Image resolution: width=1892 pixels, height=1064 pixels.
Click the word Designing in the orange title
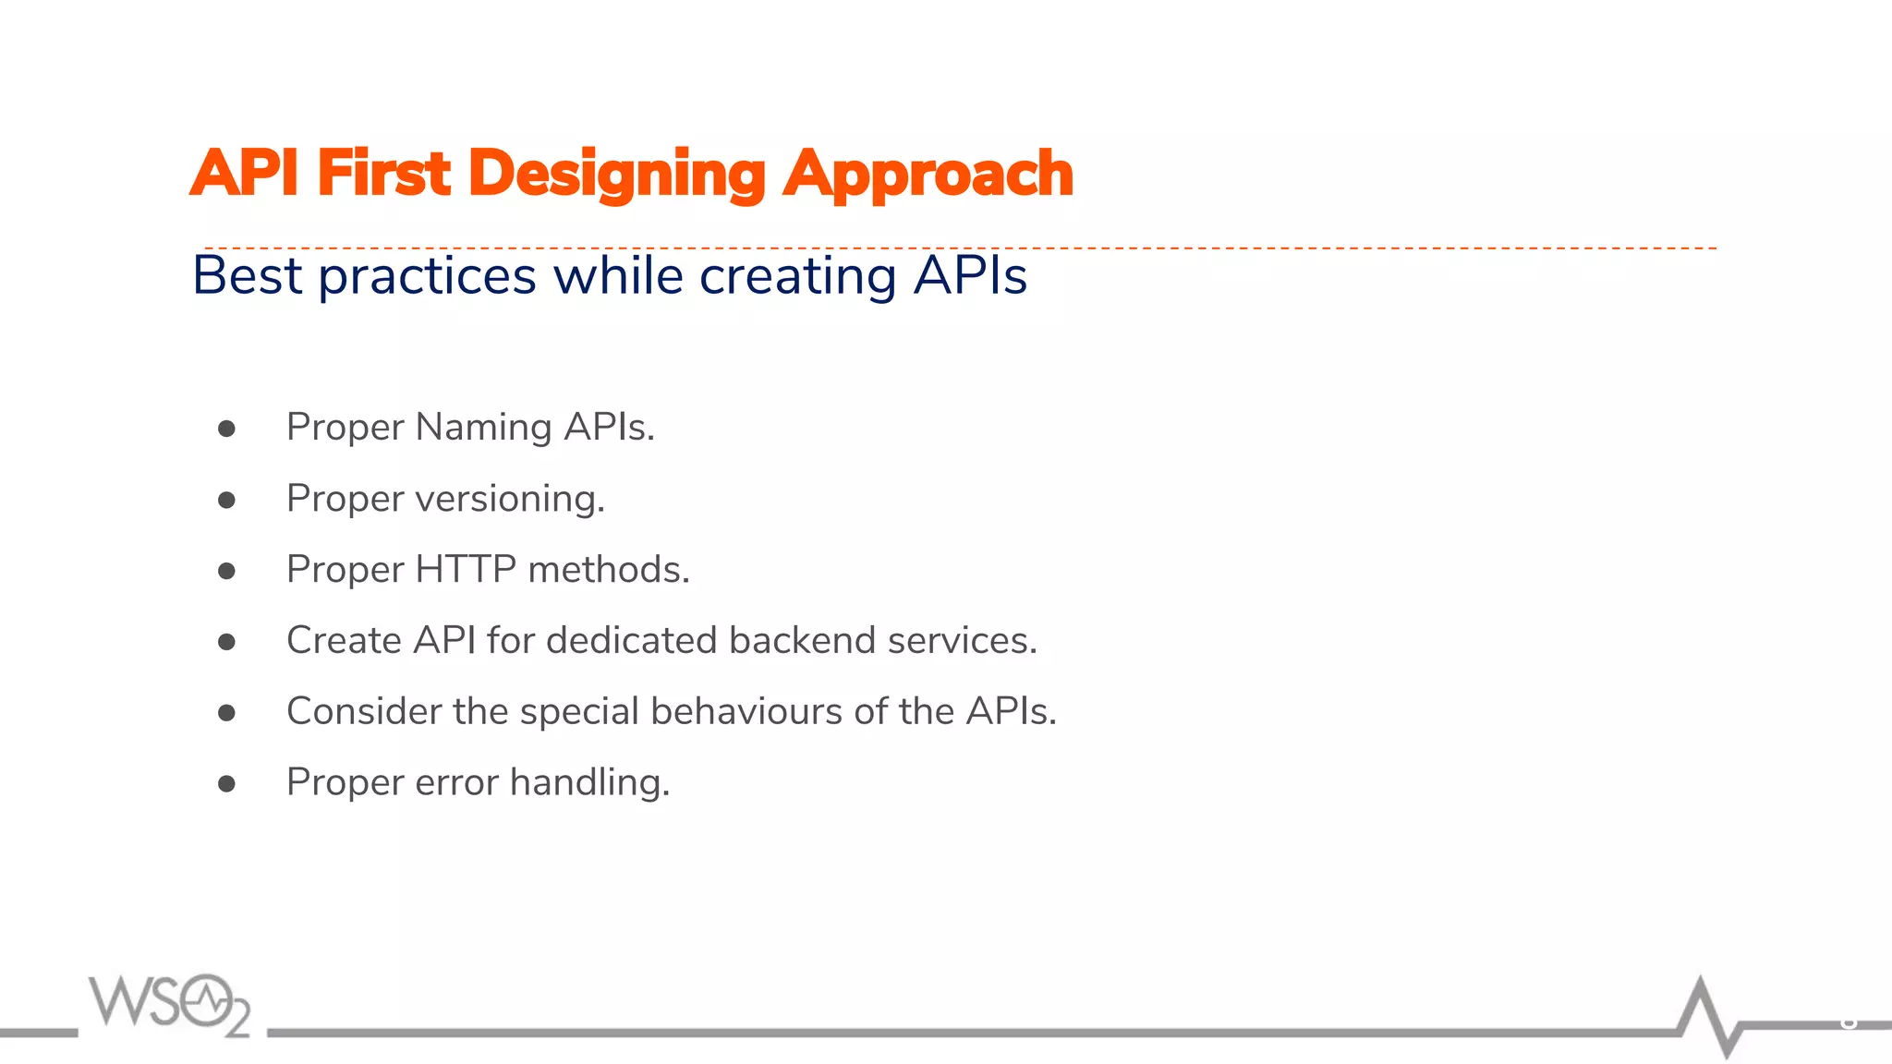pyautogui.click(x=616, y=174)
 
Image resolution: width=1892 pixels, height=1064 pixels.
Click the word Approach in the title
pyautogui.click(x=928, y=174)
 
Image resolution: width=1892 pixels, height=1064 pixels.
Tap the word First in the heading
pyautogui.click(x=383, y=174)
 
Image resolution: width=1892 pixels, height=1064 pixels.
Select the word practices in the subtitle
pyautogui.click(x=427, y=276)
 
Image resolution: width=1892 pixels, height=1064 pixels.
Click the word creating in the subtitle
pyautogui.click(x=797, y=276)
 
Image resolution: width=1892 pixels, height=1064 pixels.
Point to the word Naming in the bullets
pyautogui.click(x=483, y=428)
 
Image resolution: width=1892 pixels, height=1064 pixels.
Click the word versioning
pyautogui.click(x=510, y=499)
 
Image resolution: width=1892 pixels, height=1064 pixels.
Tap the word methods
pyautogui.click(x=609, y=569)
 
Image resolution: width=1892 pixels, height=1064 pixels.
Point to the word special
pyautogui.click(x=579, y=712)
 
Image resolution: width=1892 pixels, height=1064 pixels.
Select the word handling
pyautogui.click(x=589, y=782)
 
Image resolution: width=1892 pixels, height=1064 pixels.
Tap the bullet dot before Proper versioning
pyautogui.click(x=226, y=500)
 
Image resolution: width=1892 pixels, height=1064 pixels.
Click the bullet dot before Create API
pyautogui.click(x=226, y=642)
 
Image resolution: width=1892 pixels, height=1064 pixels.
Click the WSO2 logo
pyautogui.click(x=170, y=1004)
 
